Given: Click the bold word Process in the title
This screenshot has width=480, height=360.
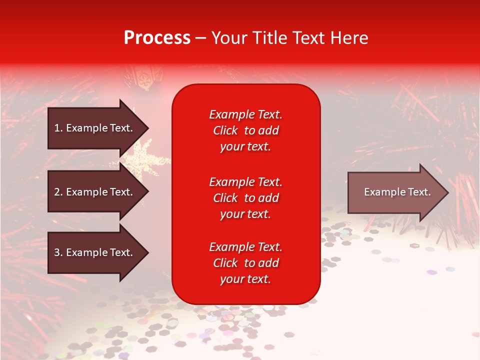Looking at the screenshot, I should point(157,38).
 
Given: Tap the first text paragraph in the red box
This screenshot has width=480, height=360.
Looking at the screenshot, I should point(245,130).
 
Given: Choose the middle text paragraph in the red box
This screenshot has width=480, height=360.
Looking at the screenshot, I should point(245,198).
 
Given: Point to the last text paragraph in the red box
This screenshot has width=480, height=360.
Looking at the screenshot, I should point(245,263).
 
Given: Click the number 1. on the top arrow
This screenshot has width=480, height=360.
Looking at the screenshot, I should point(58,128).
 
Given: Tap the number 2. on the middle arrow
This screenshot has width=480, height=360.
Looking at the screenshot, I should point(58,192).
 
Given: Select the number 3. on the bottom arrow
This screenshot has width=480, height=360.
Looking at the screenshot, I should point(58,252).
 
